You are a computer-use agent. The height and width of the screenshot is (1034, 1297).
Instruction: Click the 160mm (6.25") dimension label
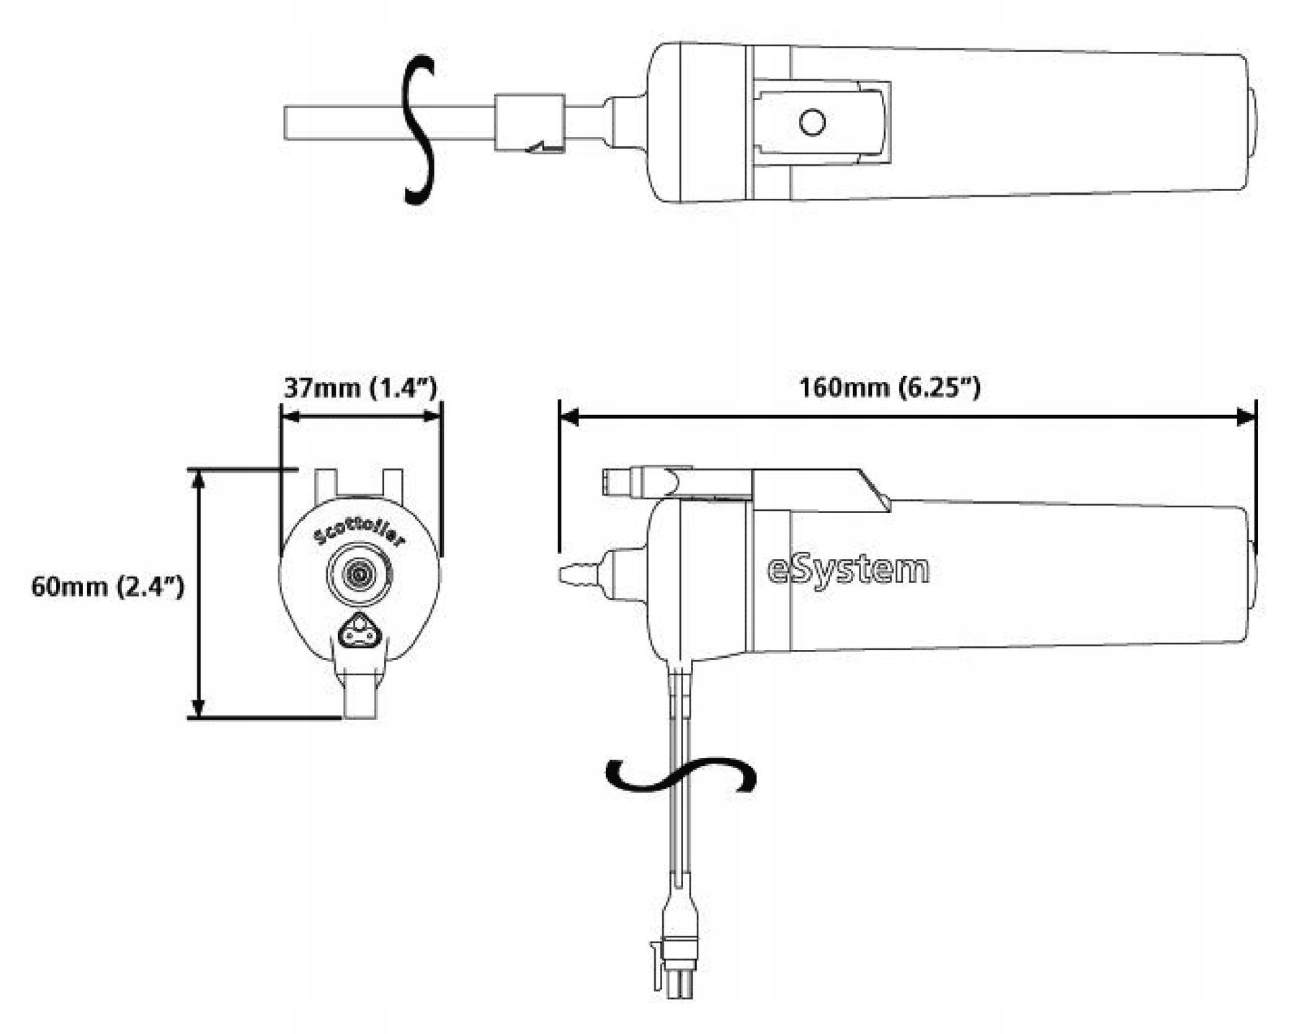[x=889, y=388]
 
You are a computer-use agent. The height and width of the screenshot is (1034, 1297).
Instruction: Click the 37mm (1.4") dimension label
[x=360, y=388]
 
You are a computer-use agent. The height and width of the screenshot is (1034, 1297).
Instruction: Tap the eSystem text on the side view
[x=848, y=570]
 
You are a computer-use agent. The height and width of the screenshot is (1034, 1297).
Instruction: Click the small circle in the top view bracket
[x=812, y=122]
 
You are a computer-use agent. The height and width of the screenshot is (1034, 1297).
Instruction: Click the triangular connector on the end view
[x=358, y=635]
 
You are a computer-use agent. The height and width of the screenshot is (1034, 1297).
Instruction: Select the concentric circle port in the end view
[x=360, y=574]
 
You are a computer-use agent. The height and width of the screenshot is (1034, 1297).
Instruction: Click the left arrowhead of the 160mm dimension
[x=569, y=416]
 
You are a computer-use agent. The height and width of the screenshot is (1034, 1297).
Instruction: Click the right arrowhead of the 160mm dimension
[x=1247, y=416]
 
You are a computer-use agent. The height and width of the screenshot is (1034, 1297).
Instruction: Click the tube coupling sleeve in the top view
[x=530, y=122]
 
